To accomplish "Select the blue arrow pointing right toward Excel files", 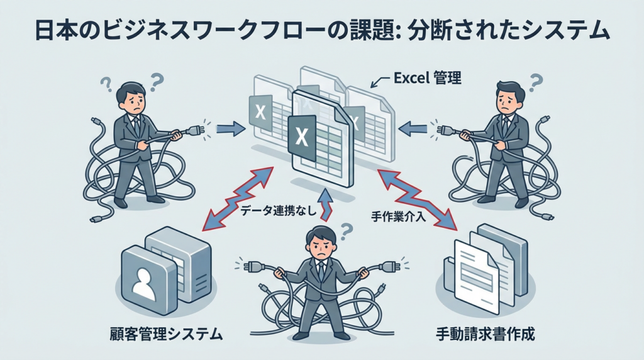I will point(229,129).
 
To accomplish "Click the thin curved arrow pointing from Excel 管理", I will point(379,82).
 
